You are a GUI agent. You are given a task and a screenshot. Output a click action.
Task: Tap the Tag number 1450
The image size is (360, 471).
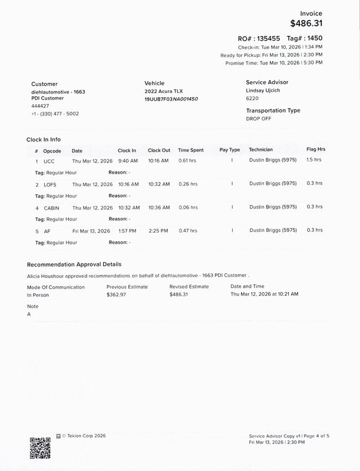(313, 38)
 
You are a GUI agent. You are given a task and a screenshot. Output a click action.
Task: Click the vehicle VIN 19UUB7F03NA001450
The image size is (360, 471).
(171, 99)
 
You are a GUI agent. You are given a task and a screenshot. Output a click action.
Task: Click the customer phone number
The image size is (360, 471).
(55, 114)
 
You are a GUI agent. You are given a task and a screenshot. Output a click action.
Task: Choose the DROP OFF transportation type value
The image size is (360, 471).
(260, 118)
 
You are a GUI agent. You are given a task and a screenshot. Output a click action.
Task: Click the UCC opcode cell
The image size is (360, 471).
(49, 161)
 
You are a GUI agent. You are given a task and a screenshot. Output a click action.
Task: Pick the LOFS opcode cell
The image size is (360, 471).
(50, 184)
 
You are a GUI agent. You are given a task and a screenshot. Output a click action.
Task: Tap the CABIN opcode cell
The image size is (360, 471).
(51, 207)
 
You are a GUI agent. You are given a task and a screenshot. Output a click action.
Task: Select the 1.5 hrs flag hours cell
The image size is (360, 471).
(315, 160)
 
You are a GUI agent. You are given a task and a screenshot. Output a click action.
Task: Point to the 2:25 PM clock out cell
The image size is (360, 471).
(158, 231)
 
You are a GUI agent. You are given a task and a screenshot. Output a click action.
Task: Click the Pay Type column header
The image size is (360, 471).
(230, 150)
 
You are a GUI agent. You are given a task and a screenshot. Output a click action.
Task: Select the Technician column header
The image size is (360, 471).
(261, 150)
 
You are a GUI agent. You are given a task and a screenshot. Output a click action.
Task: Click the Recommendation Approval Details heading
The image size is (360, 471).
(74, 264)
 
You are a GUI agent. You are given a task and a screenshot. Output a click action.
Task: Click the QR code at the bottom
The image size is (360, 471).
(40, 446)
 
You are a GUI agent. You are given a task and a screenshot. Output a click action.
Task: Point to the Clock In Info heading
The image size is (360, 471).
(44, 140)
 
